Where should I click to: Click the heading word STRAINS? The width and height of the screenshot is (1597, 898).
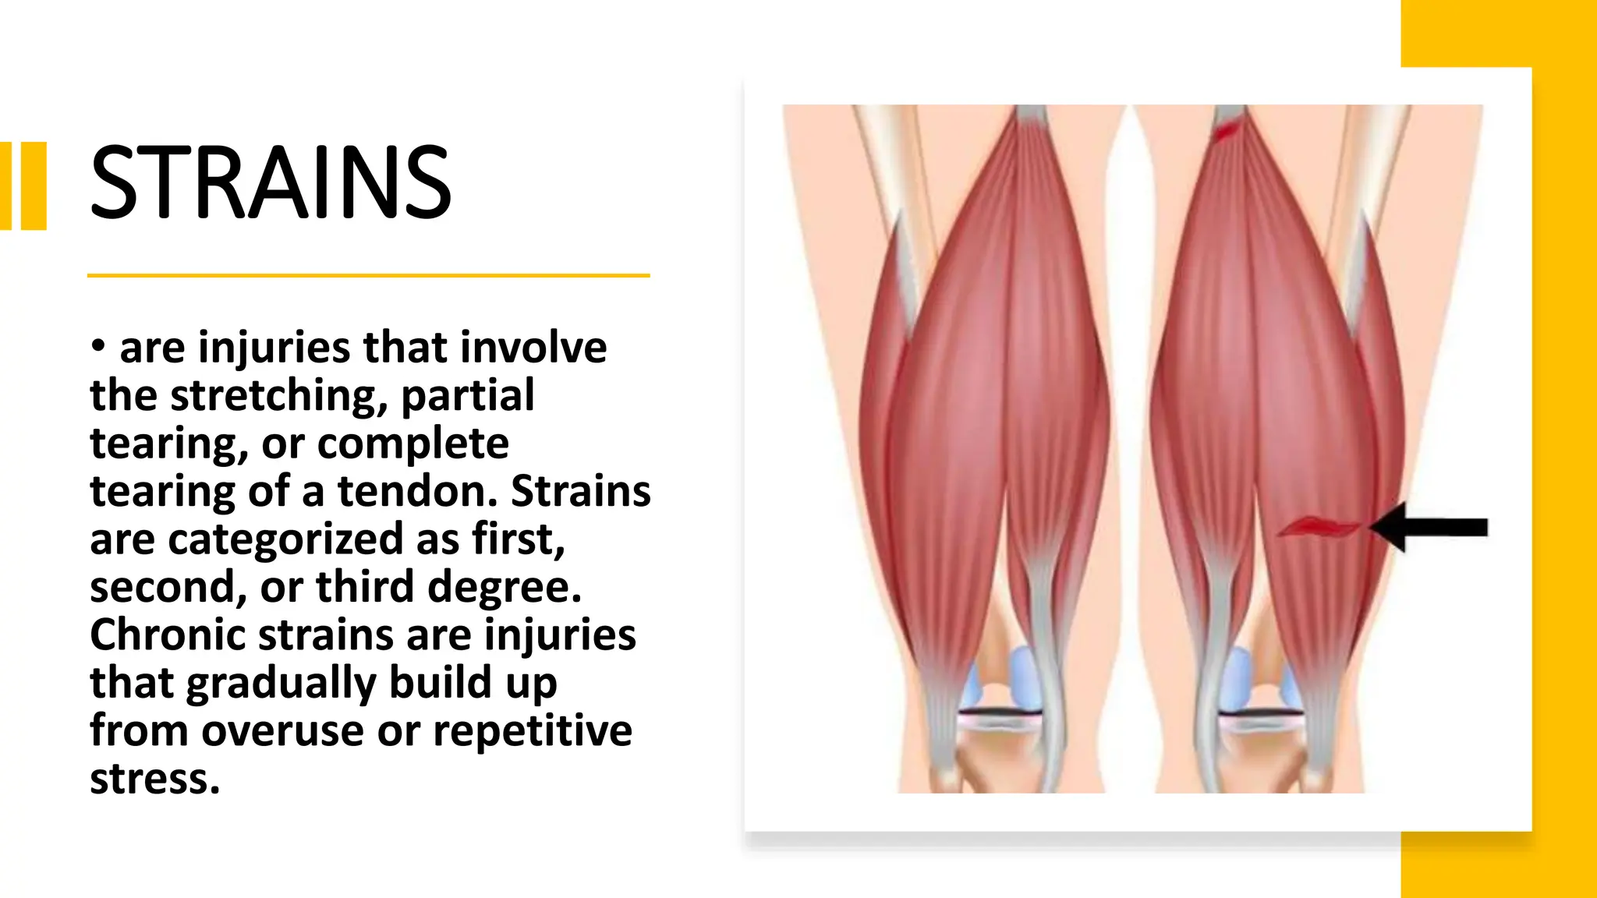coord(270,183)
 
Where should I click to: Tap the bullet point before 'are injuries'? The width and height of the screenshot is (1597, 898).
coord(97,345)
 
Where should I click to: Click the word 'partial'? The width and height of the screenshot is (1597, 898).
coord(467,396)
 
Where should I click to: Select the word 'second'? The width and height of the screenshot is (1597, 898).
coord(168,587)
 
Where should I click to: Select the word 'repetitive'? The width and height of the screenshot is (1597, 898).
coord(532,732)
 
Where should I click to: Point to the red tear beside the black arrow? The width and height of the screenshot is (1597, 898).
coord(1319,528)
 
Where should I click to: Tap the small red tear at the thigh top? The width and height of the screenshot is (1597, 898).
coord(1227,130)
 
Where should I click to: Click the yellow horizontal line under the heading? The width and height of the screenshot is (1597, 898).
coord(368,275)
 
